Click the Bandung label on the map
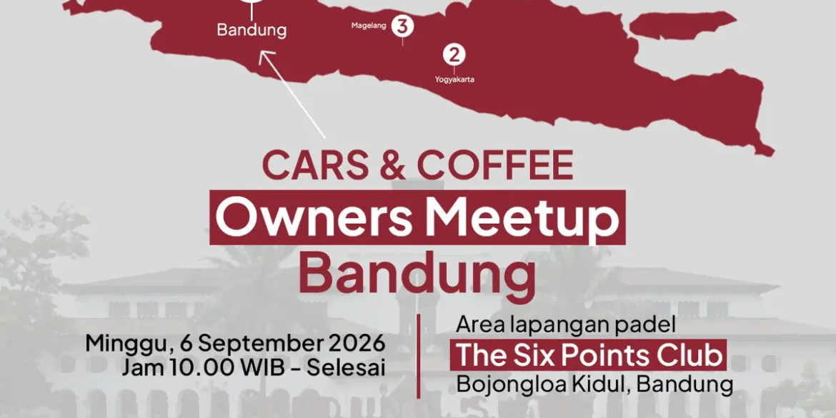(251, 30)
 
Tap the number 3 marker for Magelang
(402, 26)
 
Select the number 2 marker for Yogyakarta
(454, 54)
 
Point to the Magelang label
(369, 26)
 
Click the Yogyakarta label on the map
(454, 80)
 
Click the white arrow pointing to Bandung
(292, 94)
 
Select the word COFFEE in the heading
(495, 165)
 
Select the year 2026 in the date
(357, 344)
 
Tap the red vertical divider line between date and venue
(419, 356)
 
